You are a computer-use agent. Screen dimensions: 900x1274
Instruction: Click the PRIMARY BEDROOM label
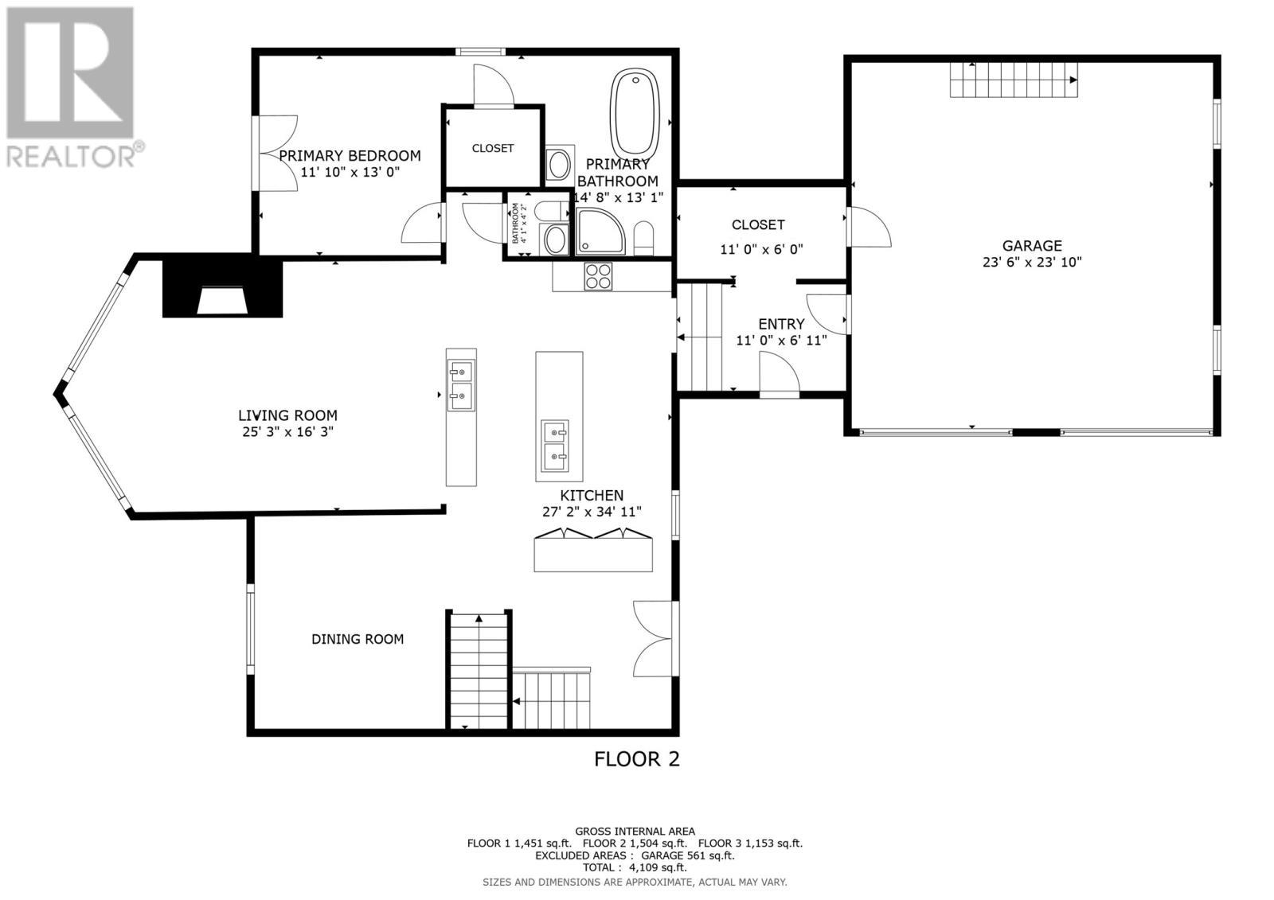click(350, 155)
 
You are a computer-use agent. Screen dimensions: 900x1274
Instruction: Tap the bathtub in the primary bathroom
click(635, 112)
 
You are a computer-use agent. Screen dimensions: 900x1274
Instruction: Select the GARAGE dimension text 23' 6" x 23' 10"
click(1031, 262)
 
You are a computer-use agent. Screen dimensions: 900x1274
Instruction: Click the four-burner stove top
click(599, 275)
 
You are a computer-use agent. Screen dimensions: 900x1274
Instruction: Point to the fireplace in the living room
click(222, 289)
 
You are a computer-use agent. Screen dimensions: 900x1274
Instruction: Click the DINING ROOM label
click(357, 639)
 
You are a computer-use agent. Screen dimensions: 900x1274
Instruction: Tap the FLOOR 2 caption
click(636, 758)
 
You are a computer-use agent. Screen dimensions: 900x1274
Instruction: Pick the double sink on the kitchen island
click(556, 446)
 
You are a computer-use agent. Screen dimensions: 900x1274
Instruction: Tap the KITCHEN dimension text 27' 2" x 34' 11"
click(591, 512)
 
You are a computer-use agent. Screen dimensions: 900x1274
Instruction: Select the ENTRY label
click(780, 324)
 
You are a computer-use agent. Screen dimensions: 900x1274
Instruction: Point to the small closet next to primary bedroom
click(493, 148)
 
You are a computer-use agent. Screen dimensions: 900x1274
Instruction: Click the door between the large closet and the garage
click(866, 227)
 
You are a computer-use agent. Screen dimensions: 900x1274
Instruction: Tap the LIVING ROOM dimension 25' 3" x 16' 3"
click(287, 431)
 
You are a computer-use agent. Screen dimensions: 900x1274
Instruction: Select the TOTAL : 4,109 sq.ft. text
click(634, 867)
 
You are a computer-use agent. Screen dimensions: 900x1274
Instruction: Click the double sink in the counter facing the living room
click(461, 383)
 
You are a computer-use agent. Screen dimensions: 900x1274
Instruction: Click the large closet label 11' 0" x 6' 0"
click(761, 249)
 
